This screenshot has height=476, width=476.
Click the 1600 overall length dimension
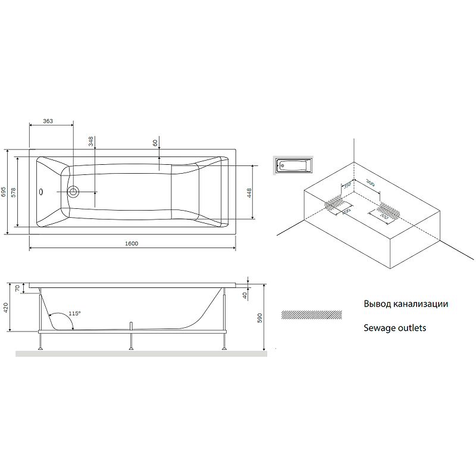click(131, 243)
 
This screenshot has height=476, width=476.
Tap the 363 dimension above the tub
click(48, 121)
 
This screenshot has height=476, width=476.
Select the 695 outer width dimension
click(4, 192)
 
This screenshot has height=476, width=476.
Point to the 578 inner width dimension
click(13, 192)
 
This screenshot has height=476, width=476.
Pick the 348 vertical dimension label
click(91, 142)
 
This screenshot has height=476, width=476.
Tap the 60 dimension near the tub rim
click(155, 143)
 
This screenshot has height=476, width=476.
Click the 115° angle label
click(74, 314)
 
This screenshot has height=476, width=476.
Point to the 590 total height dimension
click(259, 318)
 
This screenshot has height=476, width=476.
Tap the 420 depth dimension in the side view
click(6, 307)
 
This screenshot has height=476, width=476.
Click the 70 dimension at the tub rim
click(18, 288)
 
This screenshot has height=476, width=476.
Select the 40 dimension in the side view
click(245, 295)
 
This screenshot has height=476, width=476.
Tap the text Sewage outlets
click(394, 328)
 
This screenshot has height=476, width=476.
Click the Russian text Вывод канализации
click(406, 303)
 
